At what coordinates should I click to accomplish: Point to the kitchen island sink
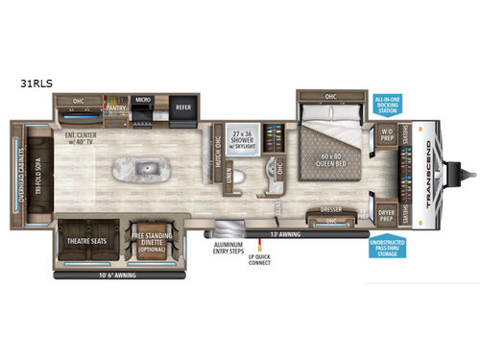[x=140, y=174]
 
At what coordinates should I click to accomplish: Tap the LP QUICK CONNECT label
[x=262, y=264]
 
